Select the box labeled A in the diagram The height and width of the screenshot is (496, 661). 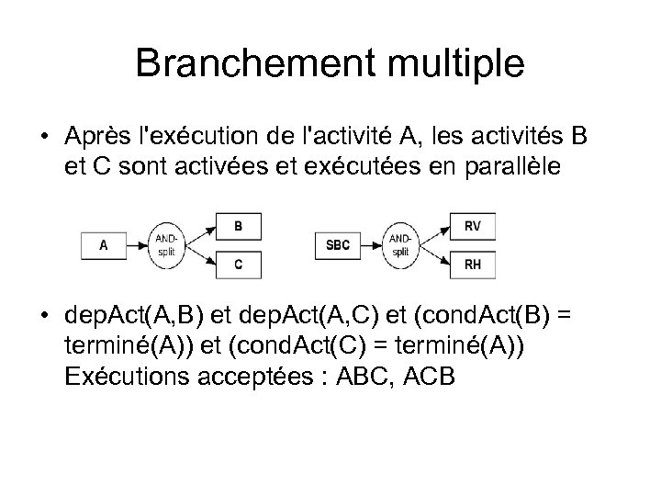pos(103,245)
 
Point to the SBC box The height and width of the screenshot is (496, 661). pos(338,245)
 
